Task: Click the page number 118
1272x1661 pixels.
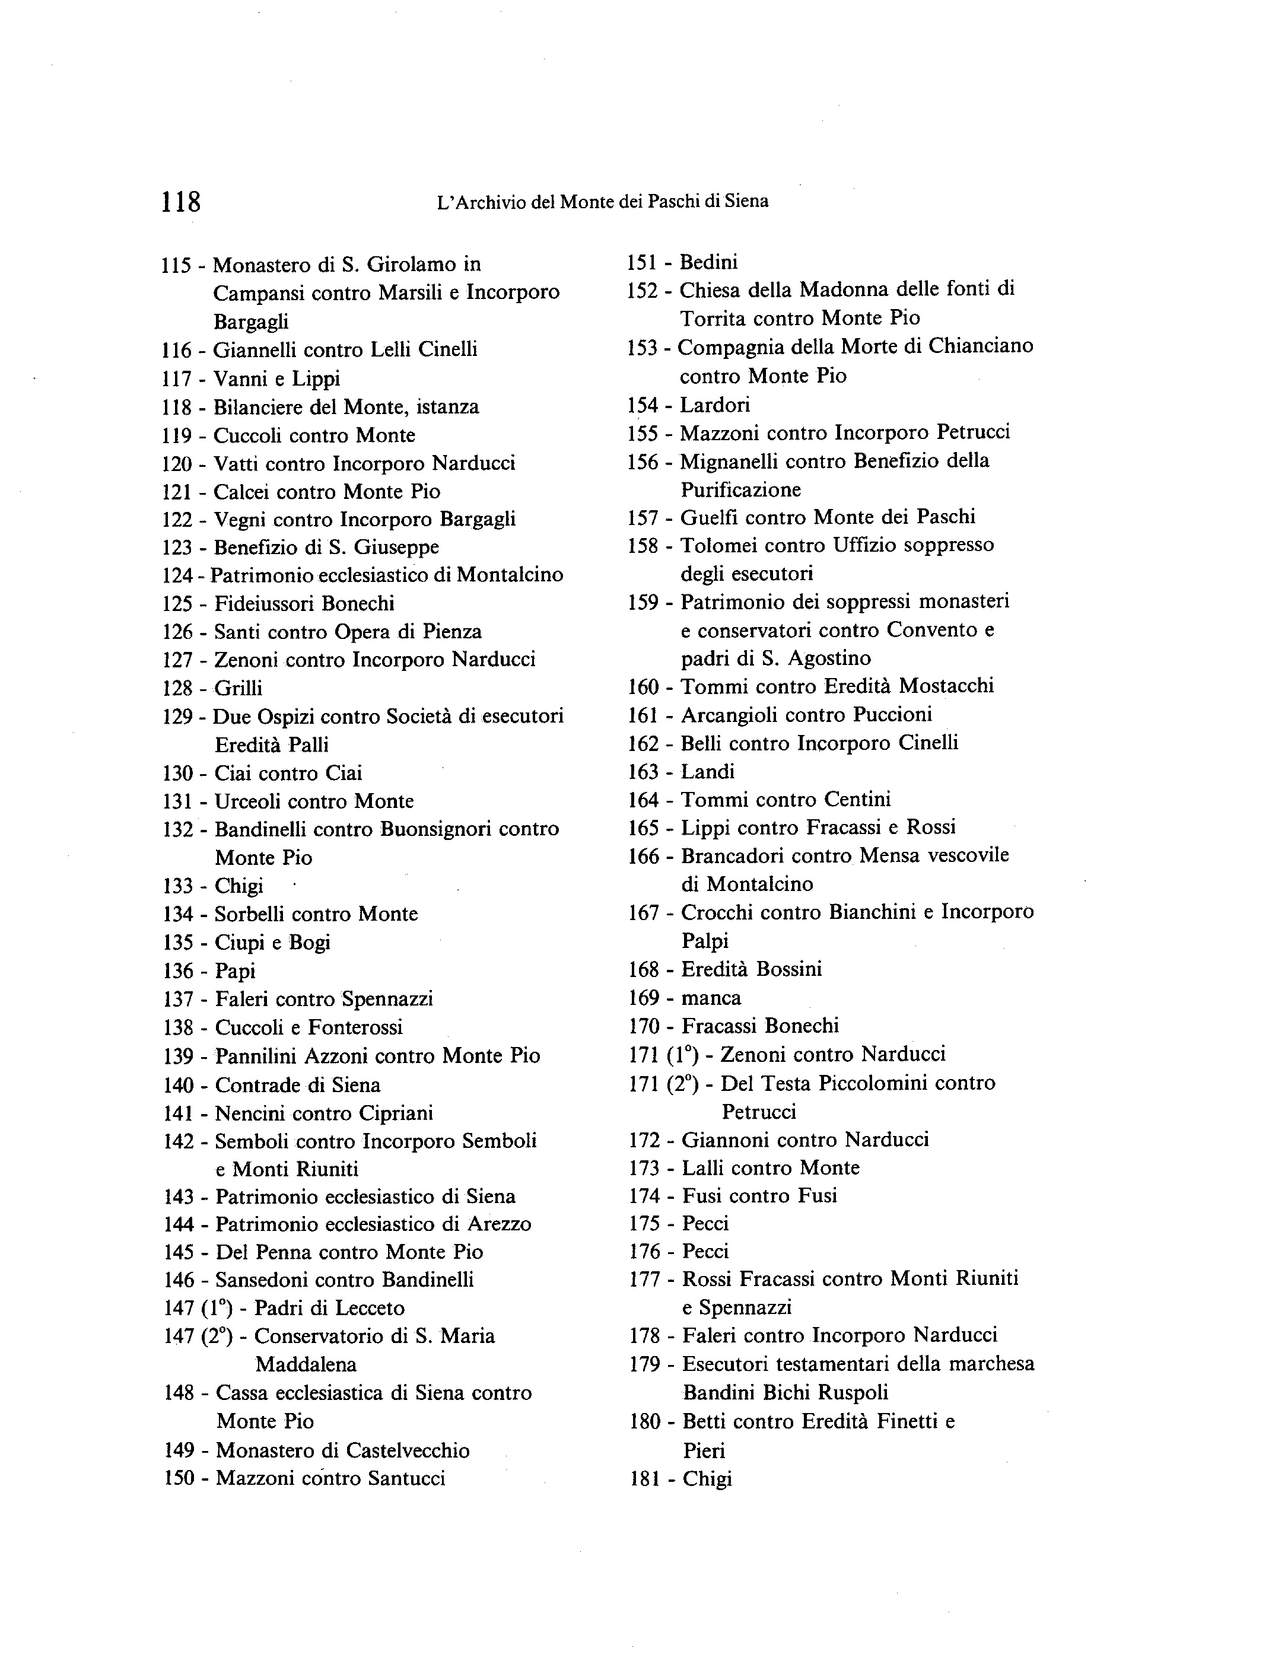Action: point(181,202)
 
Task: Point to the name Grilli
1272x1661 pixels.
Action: point(238,688)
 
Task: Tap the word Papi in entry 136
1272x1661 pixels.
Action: point(236,971)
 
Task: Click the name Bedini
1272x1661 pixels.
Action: point(709,263)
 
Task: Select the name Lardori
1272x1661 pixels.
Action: point(715,405)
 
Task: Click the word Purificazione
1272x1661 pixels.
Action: point(740,490)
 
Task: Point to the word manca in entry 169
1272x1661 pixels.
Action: point(711,998)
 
